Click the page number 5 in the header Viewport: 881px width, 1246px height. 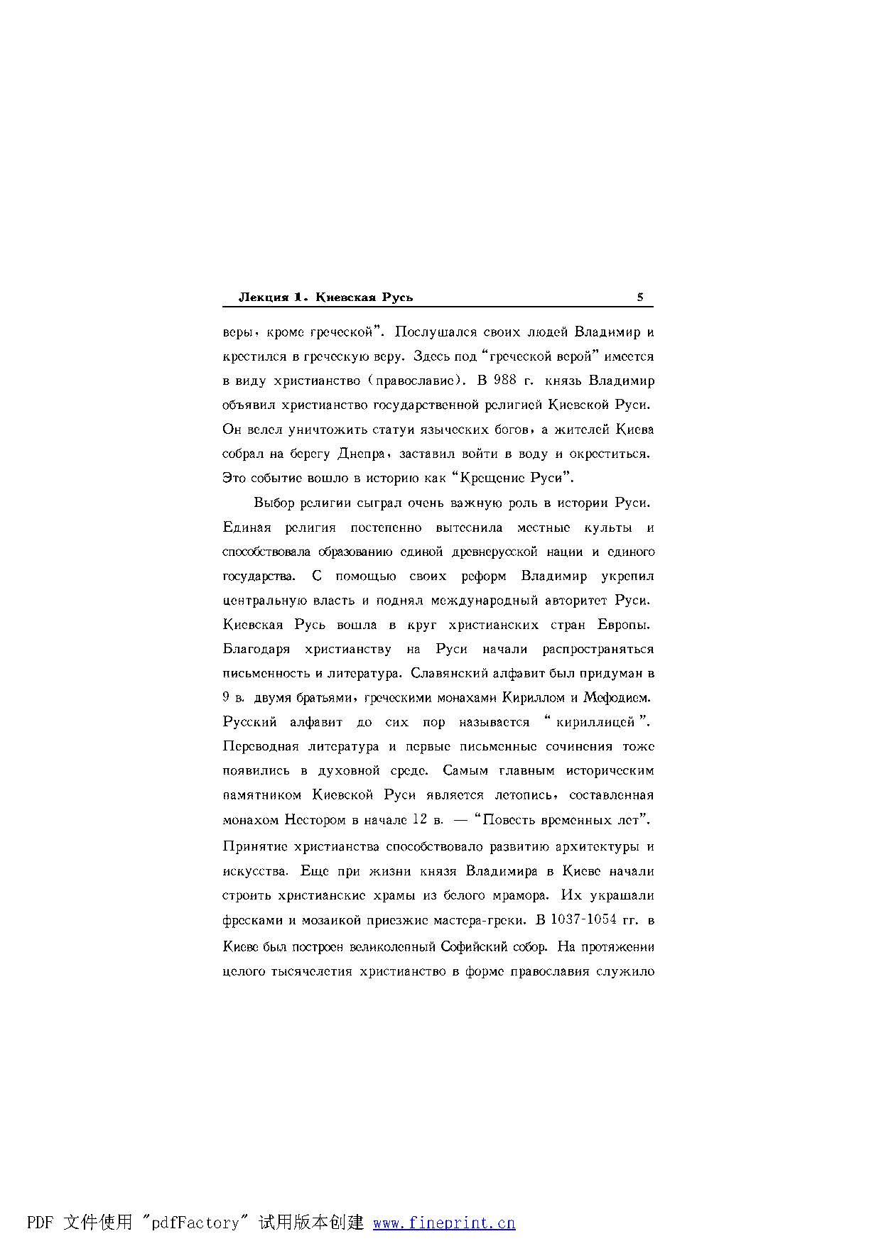coord(639,297)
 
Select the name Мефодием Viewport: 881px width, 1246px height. coord(617,698)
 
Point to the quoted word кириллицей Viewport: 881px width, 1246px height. coord(595,723)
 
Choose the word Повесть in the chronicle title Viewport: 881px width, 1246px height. coord(507,820)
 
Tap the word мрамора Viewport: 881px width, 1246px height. coord(519,896)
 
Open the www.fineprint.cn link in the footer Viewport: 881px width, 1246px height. coord(444,1223)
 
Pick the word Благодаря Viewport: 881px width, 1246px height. coord(256,649)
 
